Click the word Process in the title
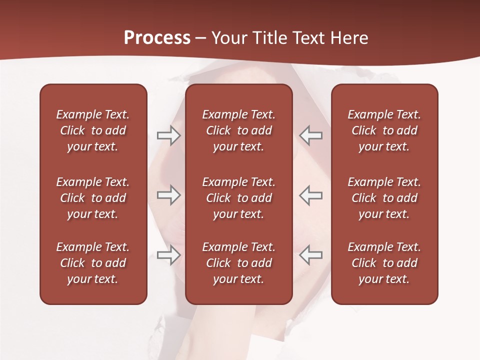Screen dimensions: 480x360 157,38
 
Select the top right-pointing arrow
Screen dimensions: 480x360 169,135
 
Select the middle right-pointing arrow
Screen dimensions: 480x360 169,195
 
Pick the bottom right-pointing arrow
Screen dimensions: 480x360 169,255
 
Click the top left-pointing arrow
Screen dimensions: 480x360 311,135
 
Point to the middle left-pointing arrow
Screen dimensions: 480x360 311,195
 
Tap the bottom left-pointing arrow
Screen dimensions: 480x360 311,255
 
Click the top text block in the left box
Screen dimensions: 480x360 93,130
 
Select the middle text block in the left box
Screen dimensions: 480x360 93,198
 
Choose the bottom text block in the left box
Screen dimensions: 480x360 93,263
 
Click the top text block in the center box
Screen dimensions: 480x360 239,130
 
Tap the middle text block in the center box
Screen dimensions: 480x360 239,198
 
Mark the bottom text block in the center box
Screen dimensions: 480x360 239,263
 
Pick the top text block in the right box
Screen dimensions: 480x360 384,130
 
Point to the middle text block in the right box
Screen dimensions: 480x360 384,198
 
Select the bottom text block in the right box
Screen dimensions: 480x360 384,263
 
